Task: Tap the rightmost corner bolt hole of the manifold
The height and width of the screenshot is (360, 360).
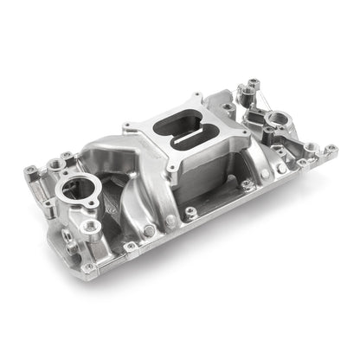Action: [330, 149]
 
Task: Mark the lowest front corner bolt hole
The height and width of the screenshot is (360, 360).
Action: [89, 267]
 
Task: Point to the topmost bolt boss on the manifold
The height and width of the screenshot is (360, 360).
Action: [252, 84]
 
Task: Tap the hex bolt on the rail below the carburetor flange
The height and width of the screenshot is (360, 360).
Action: [191, 209]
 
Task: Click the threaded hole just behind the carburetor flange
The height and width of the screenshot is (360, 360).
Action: [227, 107]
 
